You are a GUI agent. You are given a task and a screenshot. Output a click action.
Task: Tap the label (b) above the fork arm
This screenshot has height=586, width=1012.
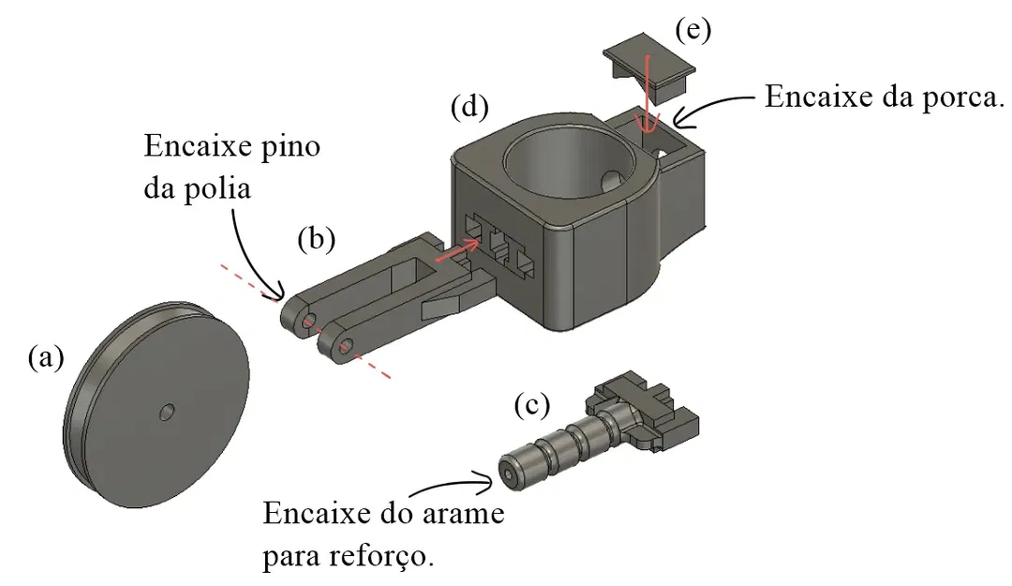316,239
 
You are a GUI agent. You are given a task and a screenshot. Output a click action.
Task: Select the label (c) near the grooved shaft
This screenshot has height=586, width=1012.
531,405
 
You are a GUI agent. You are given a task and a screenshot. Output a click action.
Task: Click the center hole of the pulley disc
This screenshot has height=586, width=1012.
167,411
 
